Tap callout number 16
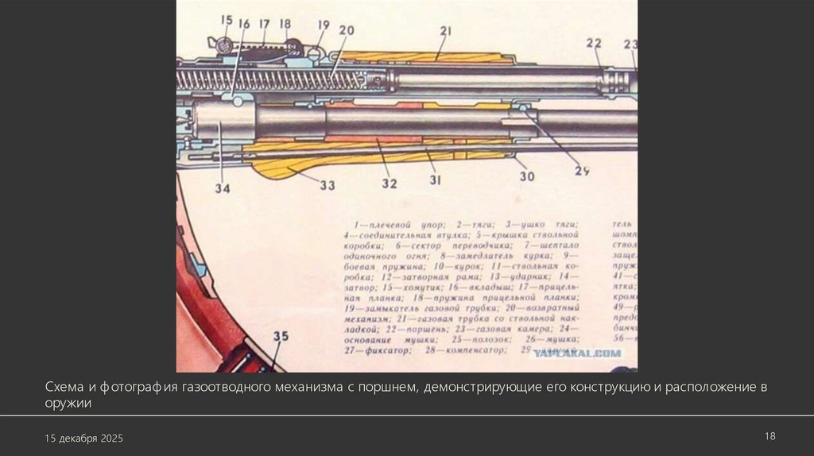(x=244, y=25)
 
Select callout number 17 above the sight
(x=264, y=25)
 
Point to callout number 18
(x=285, y=25)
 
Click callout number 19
(x=324, y=25)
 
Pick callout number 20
(x=346, y=31)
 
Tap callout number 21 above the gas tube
(x=445, y=31)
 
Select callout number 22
(x=595, y=43)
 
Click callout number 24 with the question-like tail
(x=583, y=169)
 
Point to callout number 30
(x=527, y=176)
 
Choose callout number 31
(x=436, y=180)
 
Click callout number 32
(x=388, y=183)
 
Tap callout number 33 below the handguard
(x=328, y=185)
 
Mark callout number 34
(x=222, y=188)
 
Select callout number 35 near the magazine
(x=281, y=336)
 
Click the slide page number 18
(x=769, y=435)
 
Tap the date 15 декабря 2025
(x=83, y=439)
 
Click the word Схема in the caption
(x=62, y=388)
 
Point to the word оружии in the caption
(x=68, y=403)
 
